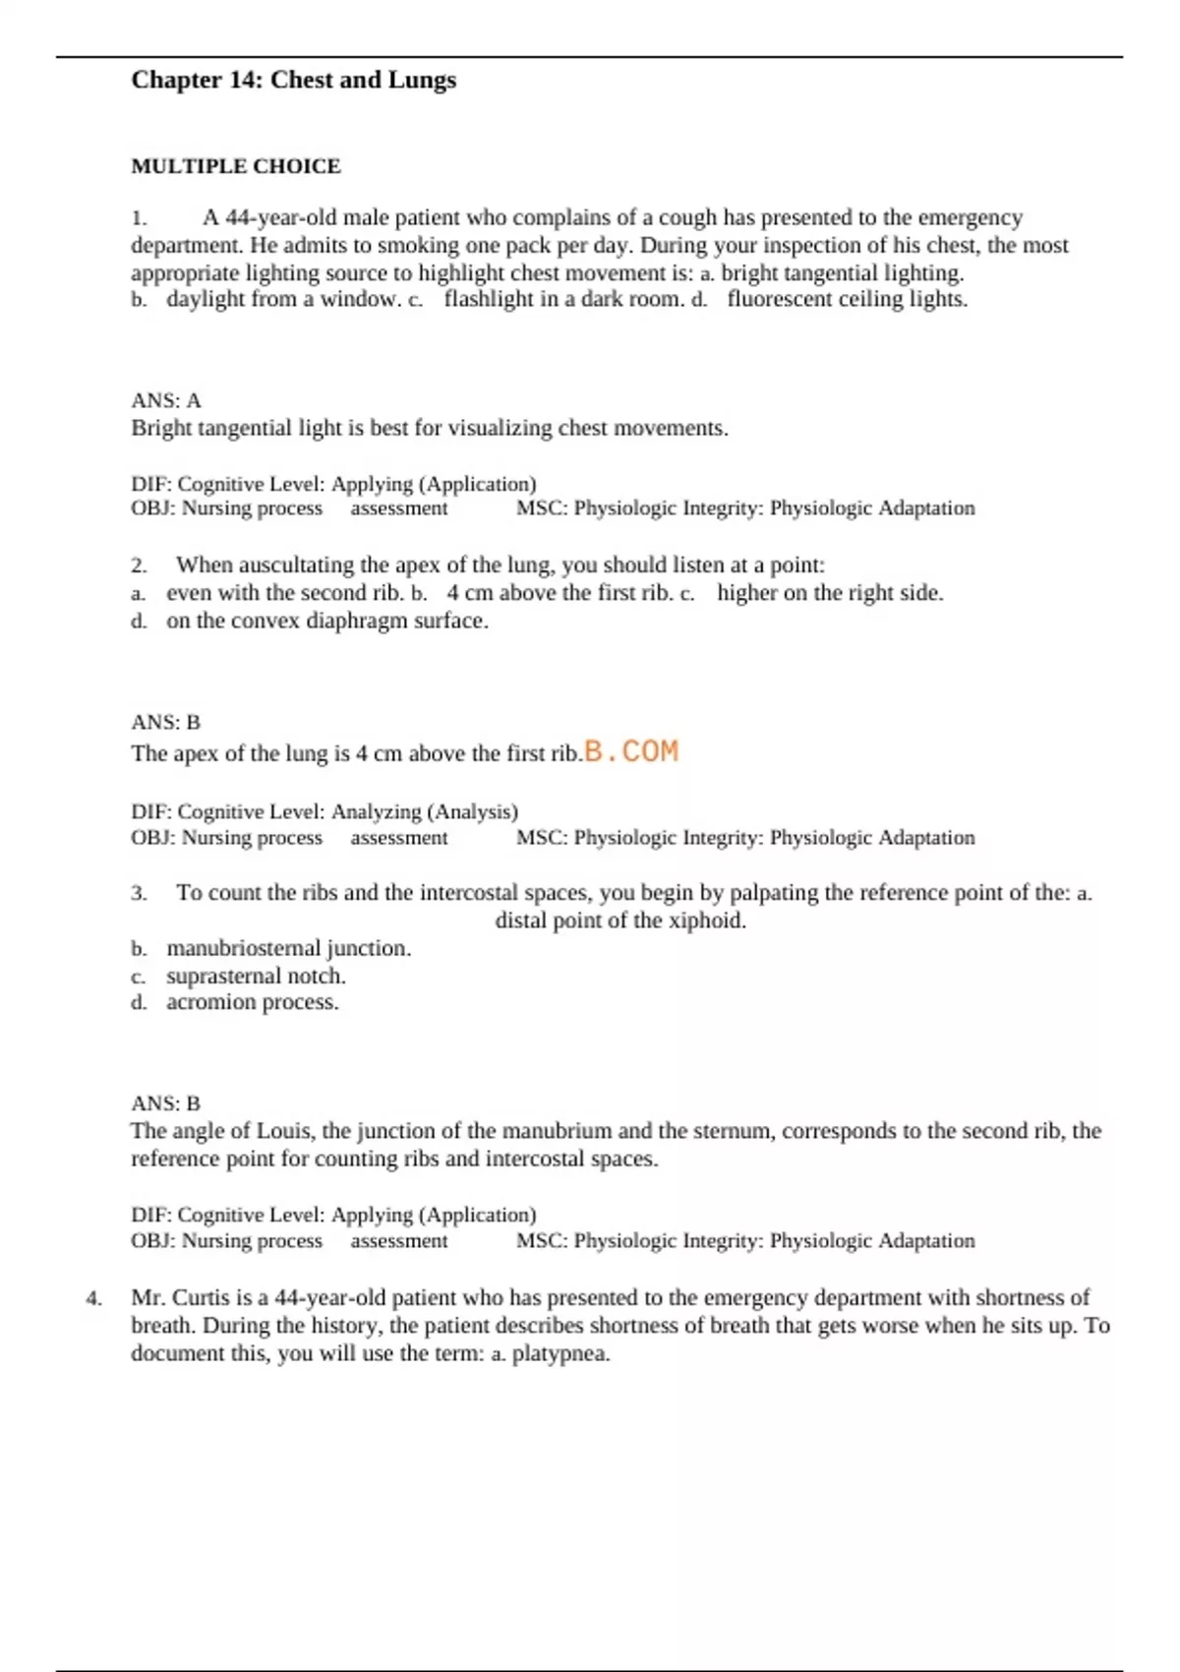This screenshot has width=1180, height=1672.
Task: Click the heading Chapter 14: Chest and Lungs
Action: point(293,80)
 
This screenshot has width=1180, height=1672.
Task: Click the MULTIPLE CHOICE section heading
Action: point(236,166)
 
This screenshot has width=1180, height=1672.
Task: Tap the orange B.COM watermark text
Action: point(631,751)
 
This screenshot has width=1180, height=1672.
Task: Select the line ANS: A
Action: point(165,400)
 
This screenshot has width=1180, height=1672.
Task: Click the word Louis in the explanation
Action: point(284,1131)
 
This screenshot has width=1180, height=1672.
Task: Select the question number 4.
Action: point(93,1298)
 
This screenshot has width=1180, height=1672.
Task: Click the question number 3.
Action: point(139,893)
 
